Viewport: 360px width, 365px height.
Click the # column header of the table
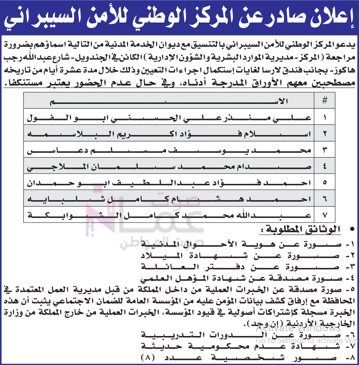(325, 101)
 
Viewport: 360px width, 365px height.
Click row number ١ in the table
(325, 117)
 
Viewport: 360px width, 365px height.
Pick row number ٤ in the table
(325, 166)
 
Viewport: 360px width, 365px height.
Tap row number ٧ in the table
(325, 214)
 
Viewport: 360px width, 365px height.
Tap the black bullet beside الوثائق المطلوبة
(351, 228)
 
